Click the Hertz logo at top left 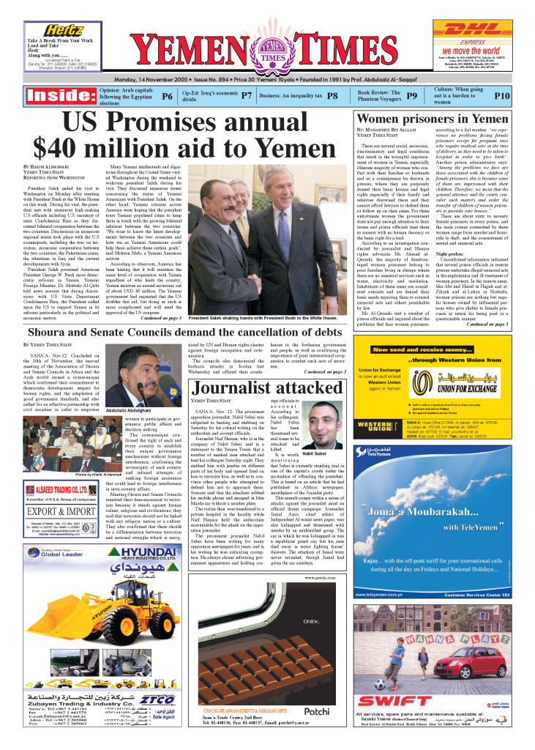pos(63,29)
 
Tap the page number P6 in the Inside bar pos(167,96)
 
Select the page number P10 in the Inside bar pos(501,96)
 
